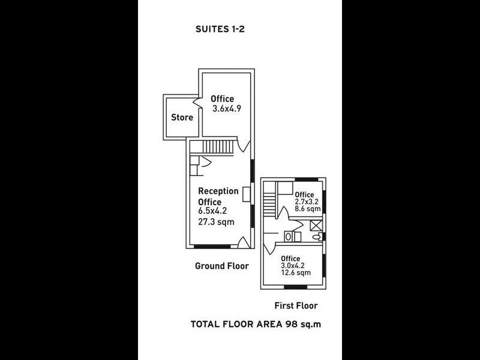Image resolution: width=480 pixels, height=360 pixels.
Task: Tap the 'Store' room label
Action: click(x=182, y=118)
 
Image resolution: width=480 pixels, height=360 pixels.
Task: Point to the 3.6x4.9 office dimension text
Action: click(x=226, y=109)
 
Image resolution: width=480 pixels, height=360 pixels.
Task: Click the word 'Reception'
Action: click(x=218, y=191)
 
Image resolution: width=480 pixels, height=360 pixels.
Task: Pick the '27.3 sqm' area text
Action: click(x=216, y=221)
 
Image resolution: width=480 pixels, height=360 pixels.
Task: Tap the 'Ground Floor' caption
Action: click(x=221, y=266)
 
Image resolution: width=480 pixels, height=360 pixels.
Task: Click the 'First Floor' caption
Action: click(x=296, y=305)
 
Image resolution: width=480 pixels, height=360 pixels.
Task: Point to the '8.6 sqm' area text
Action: click(x=307, y=210)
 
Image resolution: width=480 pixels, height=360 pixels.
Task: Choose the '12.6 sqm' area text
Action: click(x=295, y=273)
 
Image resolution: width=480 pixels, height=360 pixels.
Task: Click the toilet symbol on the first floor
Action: click(x=316, y=237)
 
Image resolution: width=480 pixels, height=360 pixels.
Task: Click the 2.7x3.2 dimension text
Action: click(x=307, y=202)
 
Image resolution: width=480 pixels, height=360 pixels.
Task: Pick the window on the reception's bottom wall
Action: click(x=212, y=247)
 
